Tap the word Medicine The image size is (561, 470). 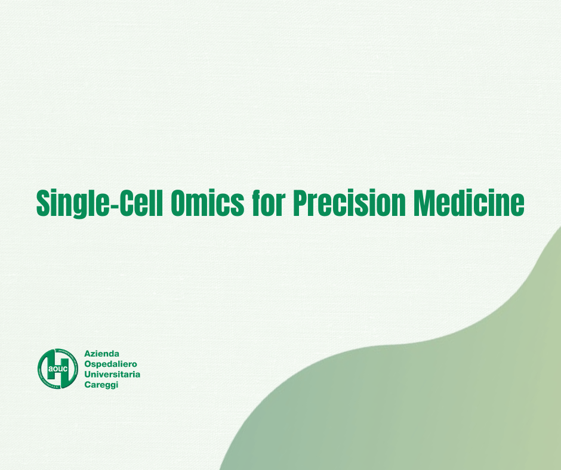coord(469,204)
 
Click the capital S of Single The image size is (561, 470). coord(44,204)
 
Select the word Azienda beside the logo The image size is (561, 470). coord(102,354)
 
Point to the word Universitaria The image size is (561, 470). coord(112,375)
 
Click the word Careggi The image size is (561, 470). coord(101,385)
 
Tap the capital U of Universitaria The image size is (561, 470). coord(88,375)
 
